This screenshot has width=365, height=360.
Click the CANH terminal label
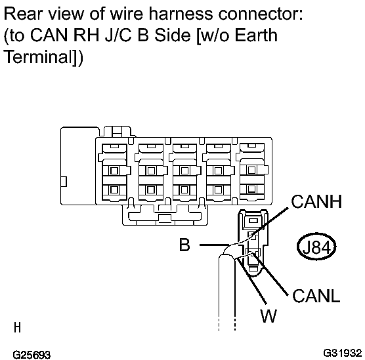click(316, 201)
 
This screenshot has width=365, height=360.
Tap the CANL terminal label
click(316, 296)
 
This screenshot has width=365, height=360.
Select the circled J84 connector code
click(316, 247)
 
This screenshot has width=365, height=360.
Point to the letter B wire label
click(184, 245)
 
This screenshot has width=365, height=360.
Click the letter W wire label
click(268, 316)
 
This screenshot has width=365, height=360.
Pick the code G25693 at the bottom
click(32, 355)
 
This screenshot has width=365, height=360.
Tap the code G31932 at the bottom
click(343, 353)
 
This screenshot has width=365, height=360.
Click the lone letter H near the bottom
click(18, 327)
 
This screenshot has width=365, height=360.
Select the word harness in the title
click(181, 14)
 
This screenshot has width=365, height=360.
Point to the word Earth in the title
click(256, 35)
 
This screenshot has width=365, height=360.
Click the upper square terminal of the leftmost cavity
click(114, 170)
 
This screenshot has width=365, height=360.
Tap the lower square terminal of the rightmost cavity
click(251, 189)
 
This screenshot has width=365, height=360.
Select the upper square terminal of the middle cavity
click(184, 170)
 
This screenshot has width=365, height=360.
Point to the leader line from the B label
click(215, 245)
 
